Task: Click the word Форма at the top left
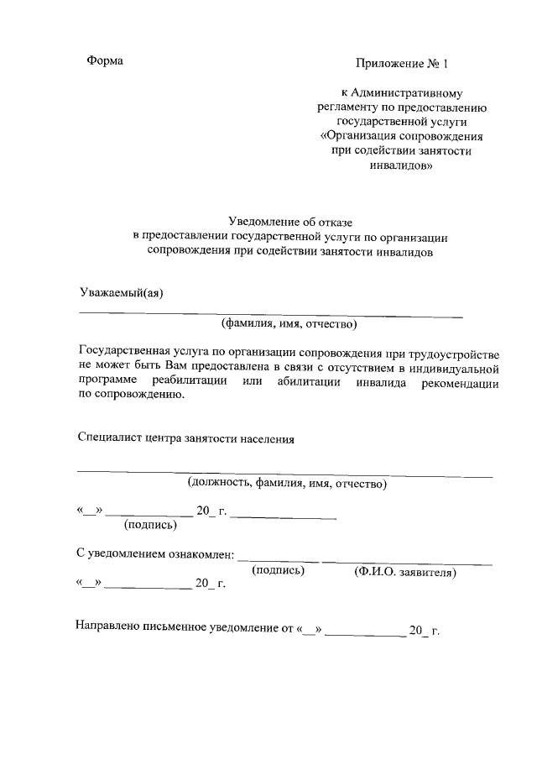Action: (105, 61)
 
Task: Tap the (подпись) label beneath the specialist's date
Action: (150, 525)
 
